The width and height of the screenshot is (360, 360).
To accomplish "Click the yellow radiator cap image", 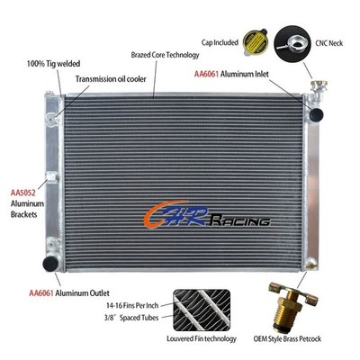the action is [256, 42].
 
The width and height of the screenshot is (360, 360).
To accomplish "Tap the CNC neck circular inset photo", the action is [292, 44].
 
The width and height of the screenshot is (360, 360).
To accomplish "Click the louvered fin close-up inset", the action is [202, 310].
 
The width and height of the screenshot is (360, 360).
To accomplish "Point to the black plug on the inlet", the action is [316, 114].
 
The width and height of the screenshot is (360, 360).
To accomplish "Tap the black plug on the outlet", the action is [50, 264].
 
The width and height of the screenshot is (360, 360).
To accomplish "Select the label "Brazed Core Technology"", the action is [165, 55].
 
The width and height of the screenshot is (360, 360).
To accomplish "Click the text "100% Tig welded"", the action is [53, 64].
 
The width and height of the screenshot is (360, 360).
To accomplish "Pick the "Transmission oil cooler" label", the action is [111, 79].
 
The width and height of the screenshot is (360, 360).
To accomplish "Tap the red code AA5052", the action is [22, 193].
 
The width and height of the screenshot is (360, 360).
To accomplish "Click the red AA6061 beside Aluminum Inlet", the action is [206, 74].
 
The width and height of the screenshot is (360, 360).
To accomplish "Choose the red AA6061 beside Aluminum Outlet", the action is [41, 292].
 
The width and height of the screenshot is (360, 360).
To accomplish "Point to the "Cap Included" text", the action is [220, 42].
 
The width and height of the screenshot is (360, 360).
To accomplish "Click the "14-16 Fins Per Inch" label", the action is [132, 306].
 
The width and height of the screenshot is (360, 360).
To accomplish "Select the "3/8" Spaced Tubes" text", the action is [131, 318].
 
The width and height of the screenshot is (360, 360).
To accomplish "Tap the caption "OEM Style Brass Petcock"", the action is [287, 339].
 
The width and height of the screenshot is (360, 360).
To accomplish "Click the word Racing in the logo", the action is [240, 221].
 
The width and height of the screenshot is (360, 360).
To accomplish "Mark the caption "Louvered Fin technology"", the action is [202, 338].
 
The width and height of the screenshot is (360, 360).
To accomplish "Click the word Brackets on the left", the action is [24, 214].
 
